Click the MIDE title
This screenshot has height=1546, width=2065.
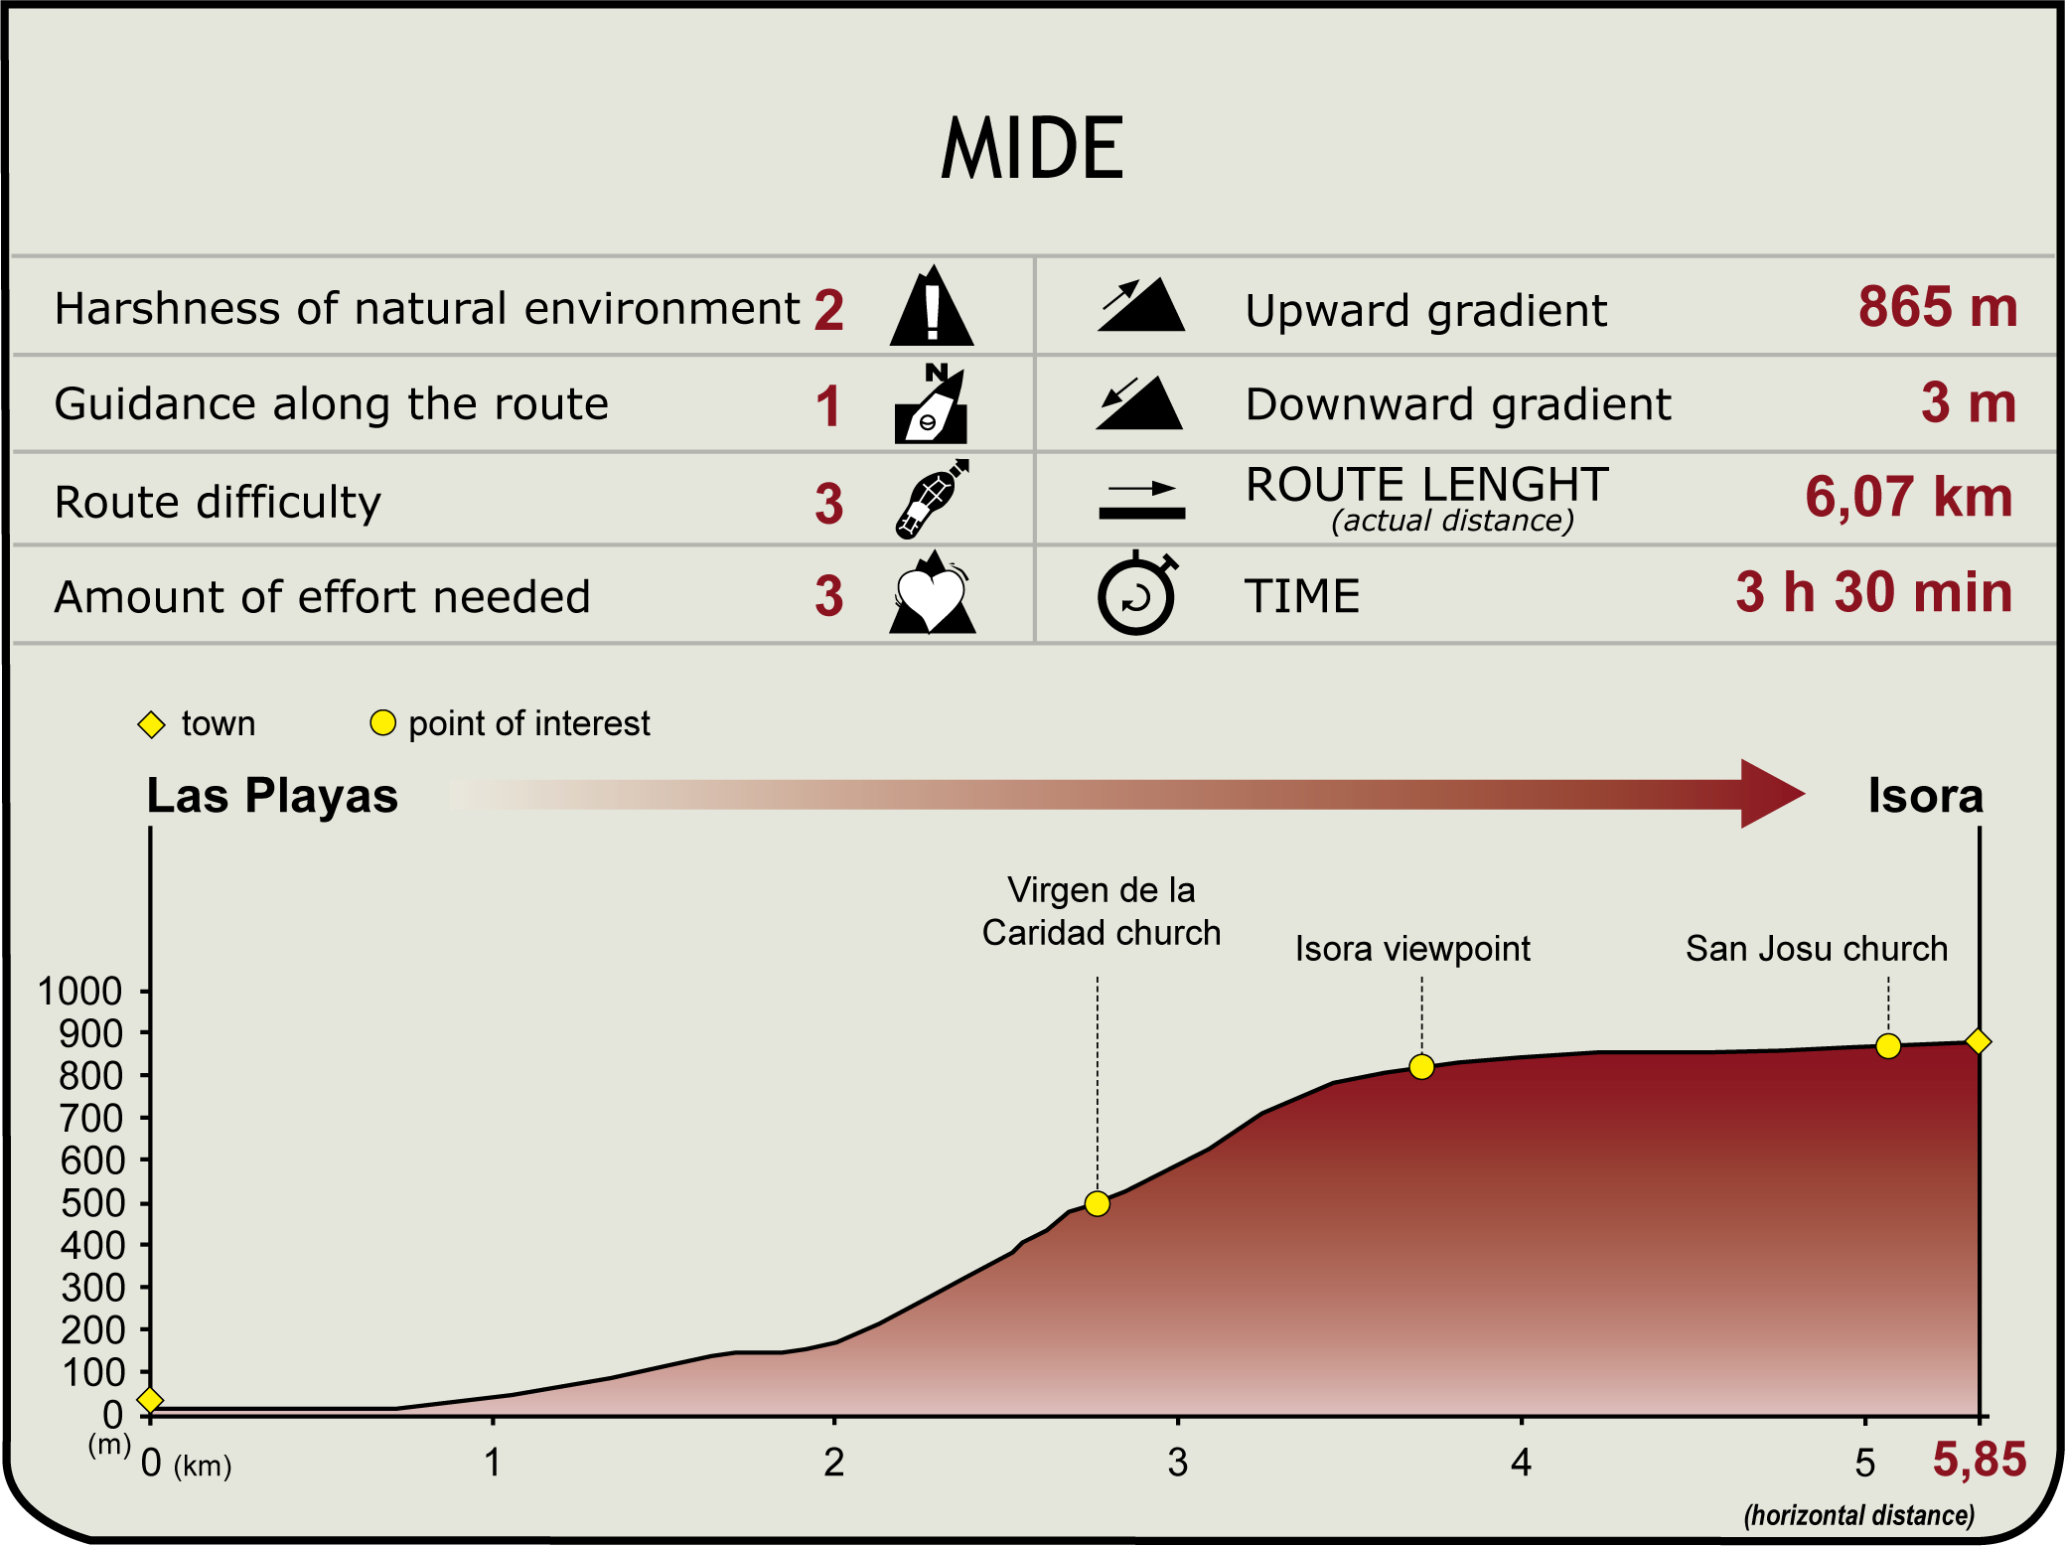[x=1032, y=149]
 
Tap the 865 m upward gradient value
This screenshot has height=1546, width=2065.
[x=1938, y=307]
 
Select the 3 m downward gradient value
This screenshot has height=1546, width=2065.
[x=1969, y=403]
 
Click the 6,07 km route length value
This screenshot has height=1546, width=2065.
[x=1908, y=497]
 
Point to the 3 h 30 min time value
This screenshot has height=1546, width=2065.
[x=1874, y=592]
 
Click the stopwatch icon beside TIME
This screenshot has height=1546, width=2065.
[x=1137, y=593]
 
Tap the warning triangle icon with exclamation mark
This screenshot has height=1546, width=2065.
[x=932, y=306]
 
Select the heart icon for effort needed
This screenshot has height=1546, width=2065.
[x=932, y=593]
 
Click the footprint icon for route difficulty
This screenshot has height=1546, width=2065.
[x=932, y=499]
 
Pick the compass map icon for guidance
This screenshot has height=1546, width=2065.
[x=932, y=403]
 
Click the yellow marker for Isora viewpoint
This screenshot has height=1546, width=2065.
[x=1421, y=1066]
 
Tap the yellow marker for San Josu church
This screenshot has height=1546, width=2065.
[x=1888, y=1046]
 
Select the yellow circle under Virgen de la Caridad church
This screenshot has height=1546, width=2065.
[x=1097, y=1203]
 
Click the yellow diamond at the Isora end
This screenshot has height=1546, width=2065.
[x=1978, y=1041]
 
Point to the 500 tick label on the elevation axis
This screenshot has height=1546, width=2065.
[x=92, y=1203]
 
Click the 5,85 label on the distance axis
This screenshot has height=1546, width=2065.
[x=1979, y=1460]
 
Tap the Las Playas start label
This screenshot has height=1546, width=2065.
[x=272, y=796]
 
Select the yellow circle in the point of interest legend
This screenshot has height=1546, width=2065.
[x=382, y=722]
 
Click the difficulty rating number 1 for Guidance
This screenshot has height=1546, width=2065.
[x=828, y=406]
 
